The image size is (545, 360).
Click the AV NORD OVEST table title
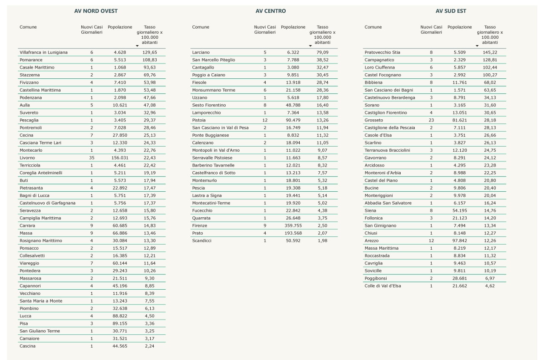tap(96, 11)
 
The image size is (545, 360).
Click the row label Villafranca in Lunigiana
tap(43, 52)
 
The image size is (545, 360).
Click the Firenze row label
tap(200, 226)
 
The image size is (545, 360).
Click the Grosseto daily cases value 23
tap(431, 120)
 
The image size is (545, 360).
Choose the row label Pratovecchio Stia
tap(382, 52)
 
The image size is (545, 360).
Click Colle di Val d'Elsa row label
tap(383, 286)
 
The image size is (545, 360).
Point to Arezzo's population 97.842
tap(460, 241)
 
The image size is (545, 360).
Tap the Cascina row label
tap(28, 346)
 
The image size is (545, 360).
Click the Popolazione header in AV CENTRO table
tap(293, 27)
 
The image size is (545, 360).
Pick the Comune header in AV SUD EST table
tap(373, 27)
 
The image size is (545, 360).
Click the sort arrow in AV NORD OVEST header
tap(137, 46)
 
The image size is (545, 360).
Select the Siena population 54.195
tap(460, 210)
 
